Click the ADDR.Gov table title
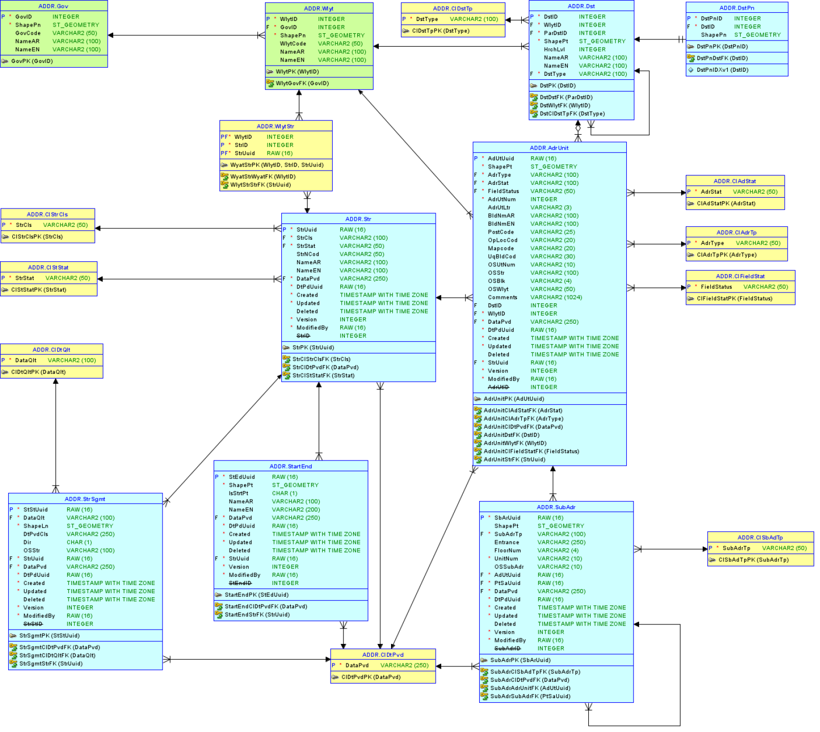[x=53, y=6]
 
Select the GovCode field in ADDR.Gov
[x=28, y=33]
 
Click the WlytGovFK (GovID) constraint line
[x=302, y=83]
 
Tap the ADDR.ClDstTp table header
[x=453, y=9]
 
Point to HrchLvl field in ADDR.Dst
[x=554, y=50]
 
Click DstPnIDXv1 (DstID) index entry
[x=722, y=70]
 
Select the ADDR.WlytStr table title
[x=275, y=127]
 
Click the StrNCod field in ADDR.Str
[x=307, y=254]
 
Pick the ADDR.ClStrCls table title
[x=47, y=215]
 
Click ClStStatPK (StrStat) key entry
[x=38, y=290]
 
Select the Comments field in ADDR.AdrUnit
[x=502, y=298]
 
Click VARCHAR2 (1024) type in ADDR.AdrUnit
[x=556, y=298]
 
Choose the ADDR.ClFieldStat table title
[x=740, y=277]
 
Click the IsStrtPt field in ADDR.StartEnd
[x=238, y=494]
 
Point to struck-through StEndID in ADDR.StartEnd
[x=240, y=583]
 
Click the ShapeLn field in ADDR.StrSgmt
[x=36, y=526]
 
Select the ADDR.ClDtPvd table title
[x=383, y=655]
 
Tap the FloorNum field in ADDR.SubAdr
[x=507, y=551]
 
